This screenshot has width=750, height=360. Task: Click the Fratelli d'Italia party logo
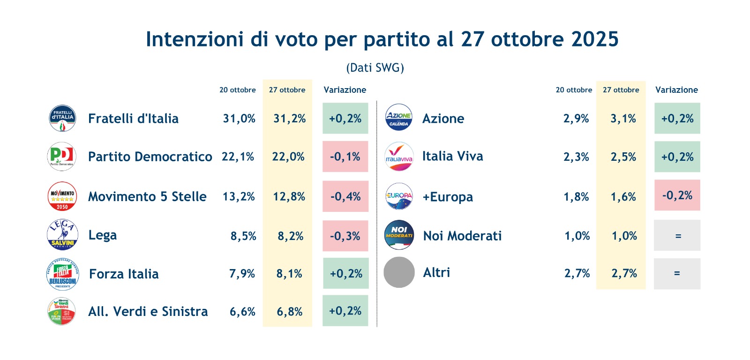(x=62, y=118)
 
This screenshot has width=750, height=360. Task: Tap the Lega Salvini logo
(x=62, y=235)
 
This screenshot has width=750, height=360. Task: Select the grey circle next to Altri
(x=399, y=272)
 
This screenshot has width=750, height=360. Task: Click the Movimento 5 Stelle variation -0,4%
(x=345, y=196)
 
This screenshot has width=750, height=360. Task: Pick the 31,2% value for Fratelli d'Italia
(x=289, y=119)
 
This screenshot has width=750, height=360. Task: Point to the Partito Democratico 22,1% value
(x=238, y=157)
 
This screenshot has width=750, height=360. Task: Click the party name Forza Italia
(x=124, y=274)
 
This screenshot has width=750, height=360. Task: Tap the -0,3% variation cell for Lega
(x=345, y=236)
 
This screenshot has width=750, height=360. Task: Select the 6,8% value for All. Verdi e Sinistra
(x=289, y=312)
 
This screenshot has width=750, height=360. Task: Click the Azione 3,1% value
(x=623, y=119)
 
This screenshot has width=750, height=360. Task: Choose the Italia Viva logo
(x=399, y=157)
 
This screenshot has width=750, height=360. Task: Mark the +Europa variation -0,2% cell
(x=677, y=195)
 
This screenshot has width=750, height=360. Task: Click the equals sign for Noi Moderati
(x=678, y=236)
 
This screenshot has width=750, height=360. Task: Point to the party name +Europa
(x=448, y=197)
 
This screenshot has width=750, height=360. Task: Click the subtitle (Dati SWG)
(x=375, y=68)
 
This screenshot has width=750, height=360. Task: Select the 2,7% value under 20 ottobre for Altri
(x=577, y=273)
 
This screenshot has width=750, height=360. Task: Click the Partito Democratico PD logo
(x=62, y=157)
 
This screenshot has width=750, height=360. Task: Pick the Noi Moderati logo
(x=399, y=235)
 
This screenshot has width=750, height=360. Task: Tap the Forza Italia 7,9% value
(x=242, y=274)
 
